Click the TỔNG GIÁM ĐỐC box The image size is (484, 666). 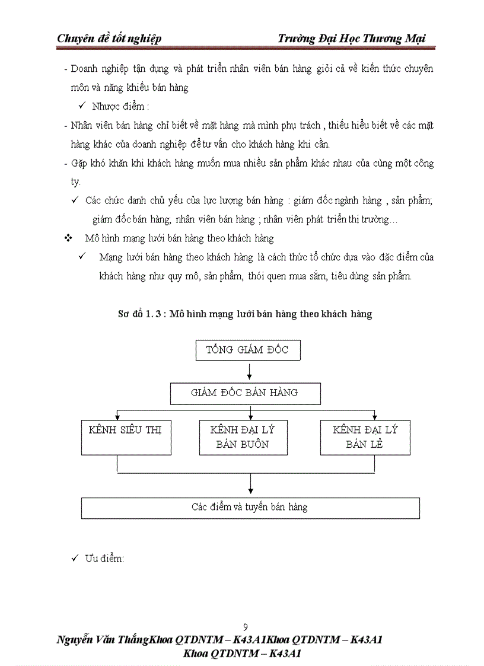pos(248,350)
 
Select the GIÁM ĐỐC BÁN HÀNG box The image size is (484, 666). pos(245,393)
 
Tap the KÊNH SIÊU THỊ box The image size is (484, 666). pos(126,437)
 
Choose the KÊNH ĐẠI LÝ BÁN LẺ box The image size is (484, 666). pos(365,437)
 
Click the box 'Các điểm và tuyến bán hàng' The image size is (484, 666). pos(250,508)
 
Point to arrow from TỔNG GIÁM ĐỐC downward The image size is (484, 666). pos(250,371)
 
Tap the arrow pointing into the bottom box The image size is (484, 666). pos(251,489)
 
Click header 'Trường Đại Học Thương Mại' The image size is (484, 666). pos(352,39)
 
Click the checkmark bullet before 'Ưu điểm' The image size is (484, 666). pos(75,558)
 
